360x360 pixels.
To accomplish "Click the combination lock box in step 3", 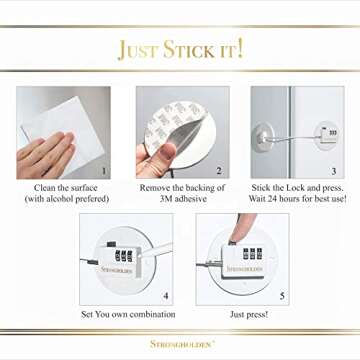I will tap(328, 130).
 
